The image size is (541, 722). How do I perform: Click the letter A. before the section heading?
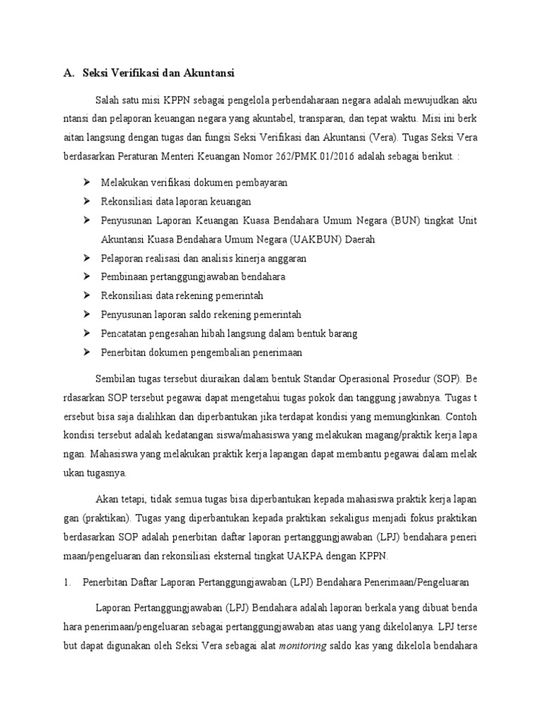coord(68,73)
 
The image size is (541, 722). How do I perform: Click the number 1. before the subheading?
coord(68,582)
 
